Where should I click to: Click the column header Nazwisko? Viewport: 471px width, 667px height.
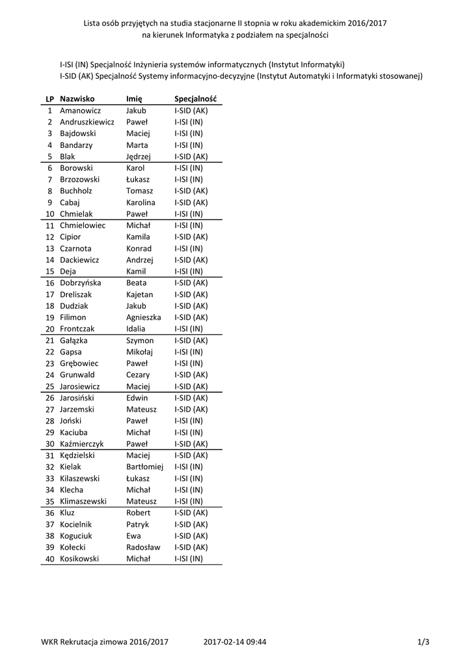pyautogui.click(x=77, y=99)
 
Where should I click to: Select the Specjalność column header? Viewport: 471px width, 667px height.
pyautogui.click(x=195, y=99)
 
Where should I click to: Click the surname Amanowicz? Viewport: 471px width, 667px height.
pyautogui.click(x=80, y=111)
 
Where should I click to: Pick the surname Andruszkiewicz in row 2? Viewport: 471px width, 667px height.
pyautogui.click(x=87, y=122)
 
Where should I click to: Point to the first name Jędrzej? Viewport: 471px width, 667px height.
pyautogui.click(x=139, y=156)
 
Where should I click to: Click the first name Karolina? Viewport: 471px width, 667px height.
pyautogui.click(x=141, y=203)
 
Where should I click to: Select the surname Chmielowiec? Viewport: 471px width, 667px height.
pyautogui.click(x=82, y=225)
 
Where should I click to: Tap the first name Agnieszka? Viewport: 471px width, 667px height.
pyautogui.click(x=143, y=317)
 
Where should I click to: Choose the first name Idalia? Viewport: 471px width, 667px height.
pyautogui.click(x=137, y=329)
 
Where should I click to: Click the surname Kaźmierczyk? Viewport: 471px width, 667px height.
pyautogui.click(x=81, y=444)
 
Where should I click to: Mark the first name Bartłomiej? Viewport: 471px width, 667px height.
pyautogui.click(x=144, y=466)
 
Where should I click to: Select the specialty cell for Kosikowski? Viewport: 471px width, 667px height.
pyautogui.click(x=189, y=558)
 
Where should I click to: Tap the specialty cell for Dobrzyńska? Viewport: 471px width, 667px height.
pyautogui.click(x=191, y=283)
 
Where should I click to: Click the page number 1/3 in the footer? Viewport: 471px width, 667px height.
pyautogui.click(x=424, y=642)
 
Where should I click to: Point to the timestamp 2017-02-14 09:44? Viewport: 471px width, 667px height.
pyautogui.click(x=235, y=642)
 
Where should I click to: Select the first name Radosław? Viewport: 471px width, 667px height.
pyautogui.click(x=143, y=547)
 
